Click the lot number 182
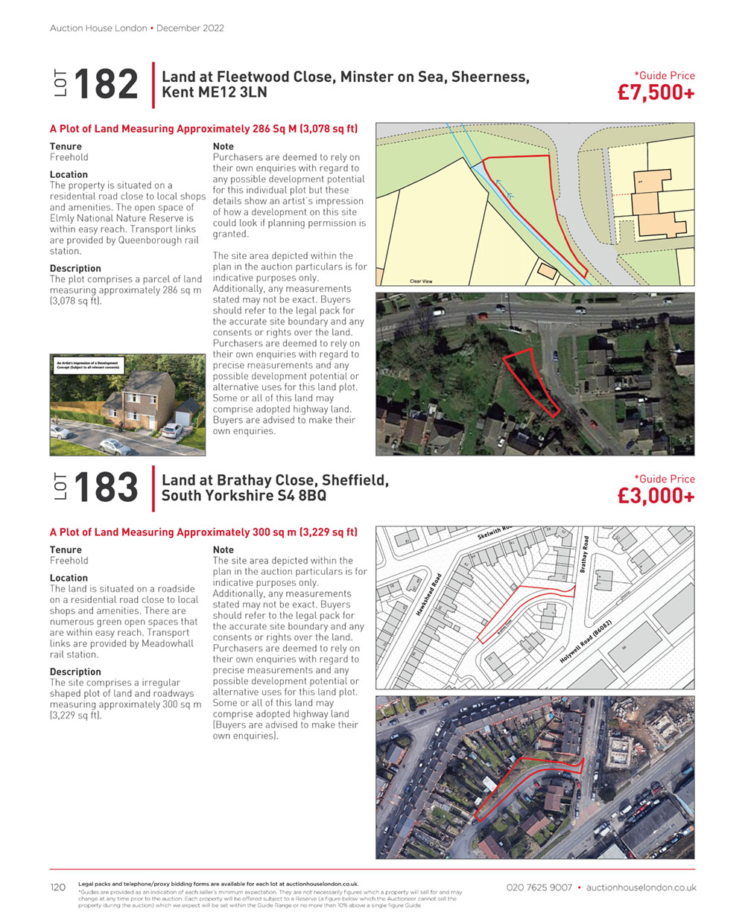(106, 83)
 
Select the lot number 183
(106, 488)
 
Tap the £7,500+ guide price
(656, 93)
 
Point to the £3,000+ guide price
(656, 497)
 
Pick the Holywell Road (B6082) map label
(586, 643)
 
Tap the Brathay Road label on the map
(585, 555)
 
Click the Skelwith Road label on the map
(495, 532)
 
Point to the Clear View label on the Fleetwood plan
(421, 281)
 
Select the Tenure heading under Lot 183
(66, 550)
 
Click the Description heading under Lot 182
(75, 268)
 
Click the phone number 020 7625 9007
(539, 887)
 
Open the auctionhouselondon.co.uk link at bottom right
(641, 887)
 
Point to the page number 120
(57, 887)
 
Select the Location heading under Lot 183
(69, 578)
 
